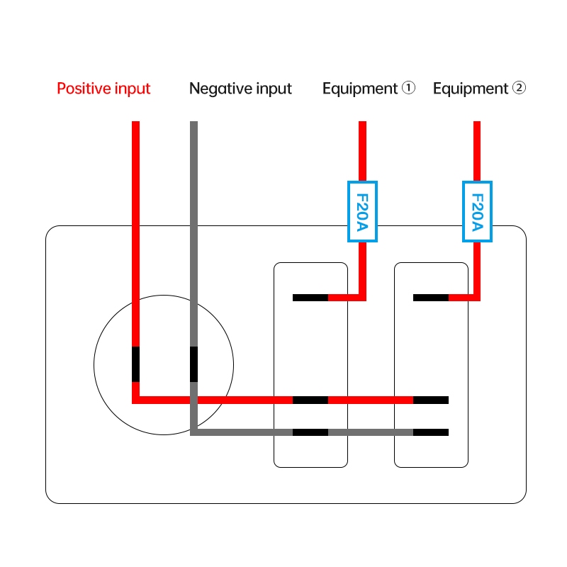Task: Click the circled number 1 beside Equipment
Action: coord(409,88)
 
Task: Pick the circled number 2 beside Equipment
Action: coord(520,88)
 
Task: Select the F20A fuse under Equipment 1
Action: coord(362,211)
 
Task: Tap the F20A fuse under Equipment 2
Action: coord(477,211)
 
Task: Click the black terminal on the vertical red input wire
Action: coord(135,364)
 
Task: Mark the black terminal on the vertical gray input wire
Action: coord(193,364)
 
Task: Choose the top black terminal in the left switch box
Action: coord(310,298)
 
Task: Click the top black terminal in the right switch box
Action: coord(431,298)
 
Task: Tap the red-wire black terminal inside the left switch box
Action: coord(310,400)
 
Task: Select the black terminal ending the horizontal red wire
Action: coord(431,400)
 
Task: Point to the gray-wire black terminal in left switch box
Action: coord(310,432)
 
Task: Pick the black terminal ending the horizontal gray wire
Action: coord(431,432)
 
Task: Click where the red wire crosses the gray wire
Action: coord(193,400)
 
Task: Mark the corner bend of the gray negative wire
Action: coord(193,432)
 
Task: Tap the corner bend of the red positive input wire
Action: coord(135,400)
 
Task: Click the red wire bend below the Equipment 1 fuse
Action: coord(362,298)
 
